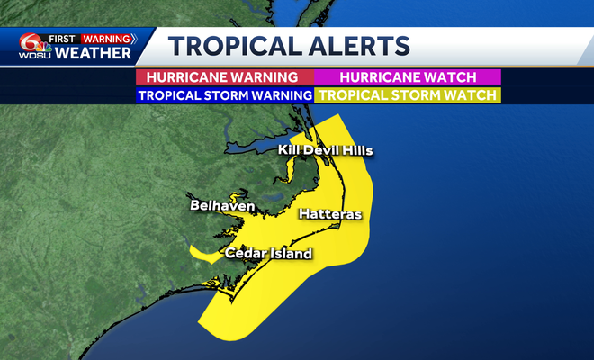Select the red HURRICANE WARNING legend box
pyautogui.click(x=224, y=77)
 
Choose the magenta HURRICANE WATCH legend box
pyautogui.click(x=408, y=77)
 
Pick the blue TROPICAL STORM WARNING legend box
pyautogui.click(x=224, y=94)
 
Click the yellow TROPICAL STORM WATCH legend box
pyautogui.click(x=408, y=94)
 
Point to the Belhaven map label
pyautogui.click(x=222, y=207)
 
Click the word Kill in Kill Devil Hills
pyautogui.click(x=289, y=149)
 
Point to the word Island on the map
pyautogui.click(x=292, y=254)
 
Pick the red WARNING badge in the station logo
pyautogui.click(x=107, y=39)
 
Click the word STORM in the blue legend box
pyautogui.click(x=230, y=94)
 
